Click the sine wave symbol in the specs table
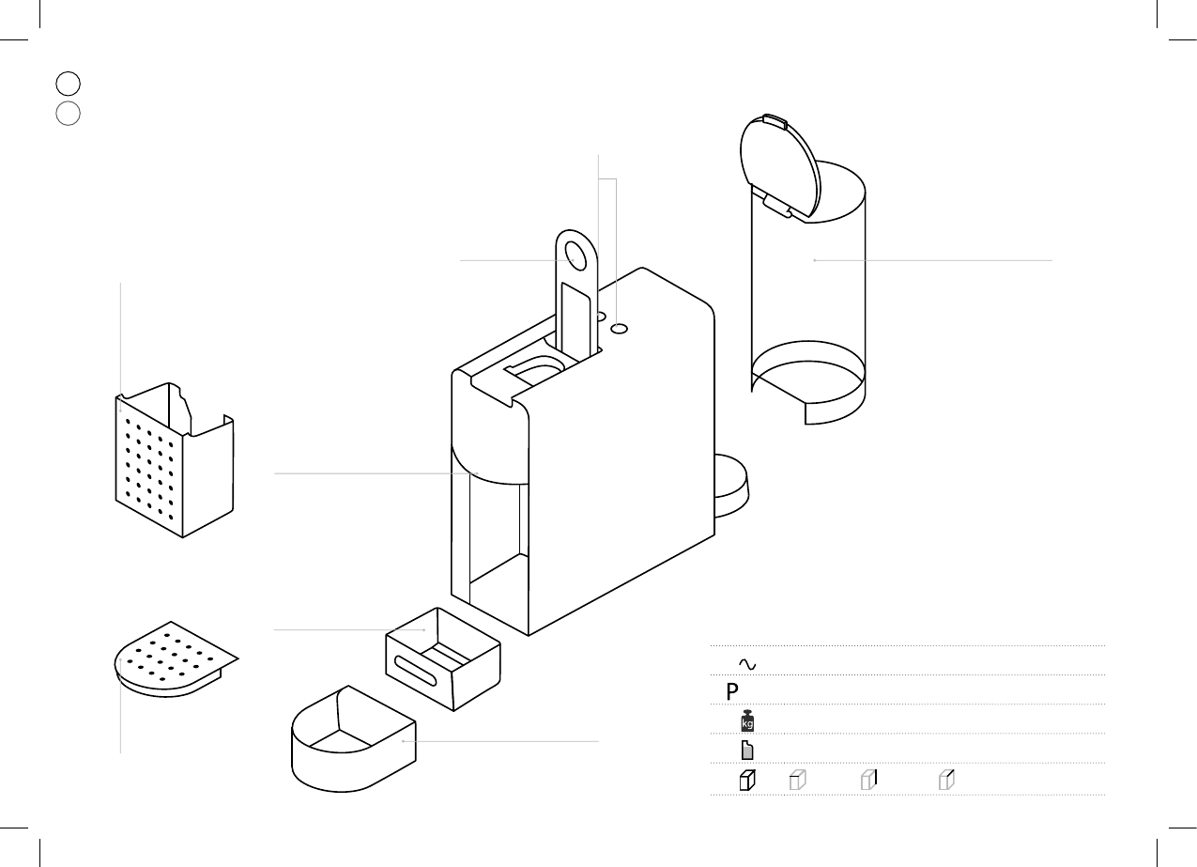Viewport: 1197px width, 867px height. pyautogui.click(x=747, y=663)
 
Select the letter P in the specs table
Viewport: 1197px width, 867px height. pyautogui.click(x=732, y=692)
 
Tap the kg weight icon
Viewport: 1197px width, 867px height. pyautogui.click(x=747, y=722)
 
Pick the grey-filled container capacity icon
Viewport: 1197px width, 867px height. pyautogui.click(x=747, y=751)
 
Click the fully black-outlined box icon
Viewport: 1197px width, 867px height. pyautogui.click(x=746, y=780)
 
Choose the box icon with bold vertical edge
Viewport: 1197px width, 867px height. pyautogui.click(x=869, y=779)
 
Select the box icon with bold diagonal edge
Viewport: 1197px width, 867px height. pyautogui.click(x=947, y=779)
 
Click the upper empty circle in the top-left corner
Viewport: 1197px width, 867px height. pyautogui.click(x=68, y=83)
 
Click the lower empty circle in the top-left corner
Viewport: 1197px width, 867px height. pyautogui.click(x=68, y=114)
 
